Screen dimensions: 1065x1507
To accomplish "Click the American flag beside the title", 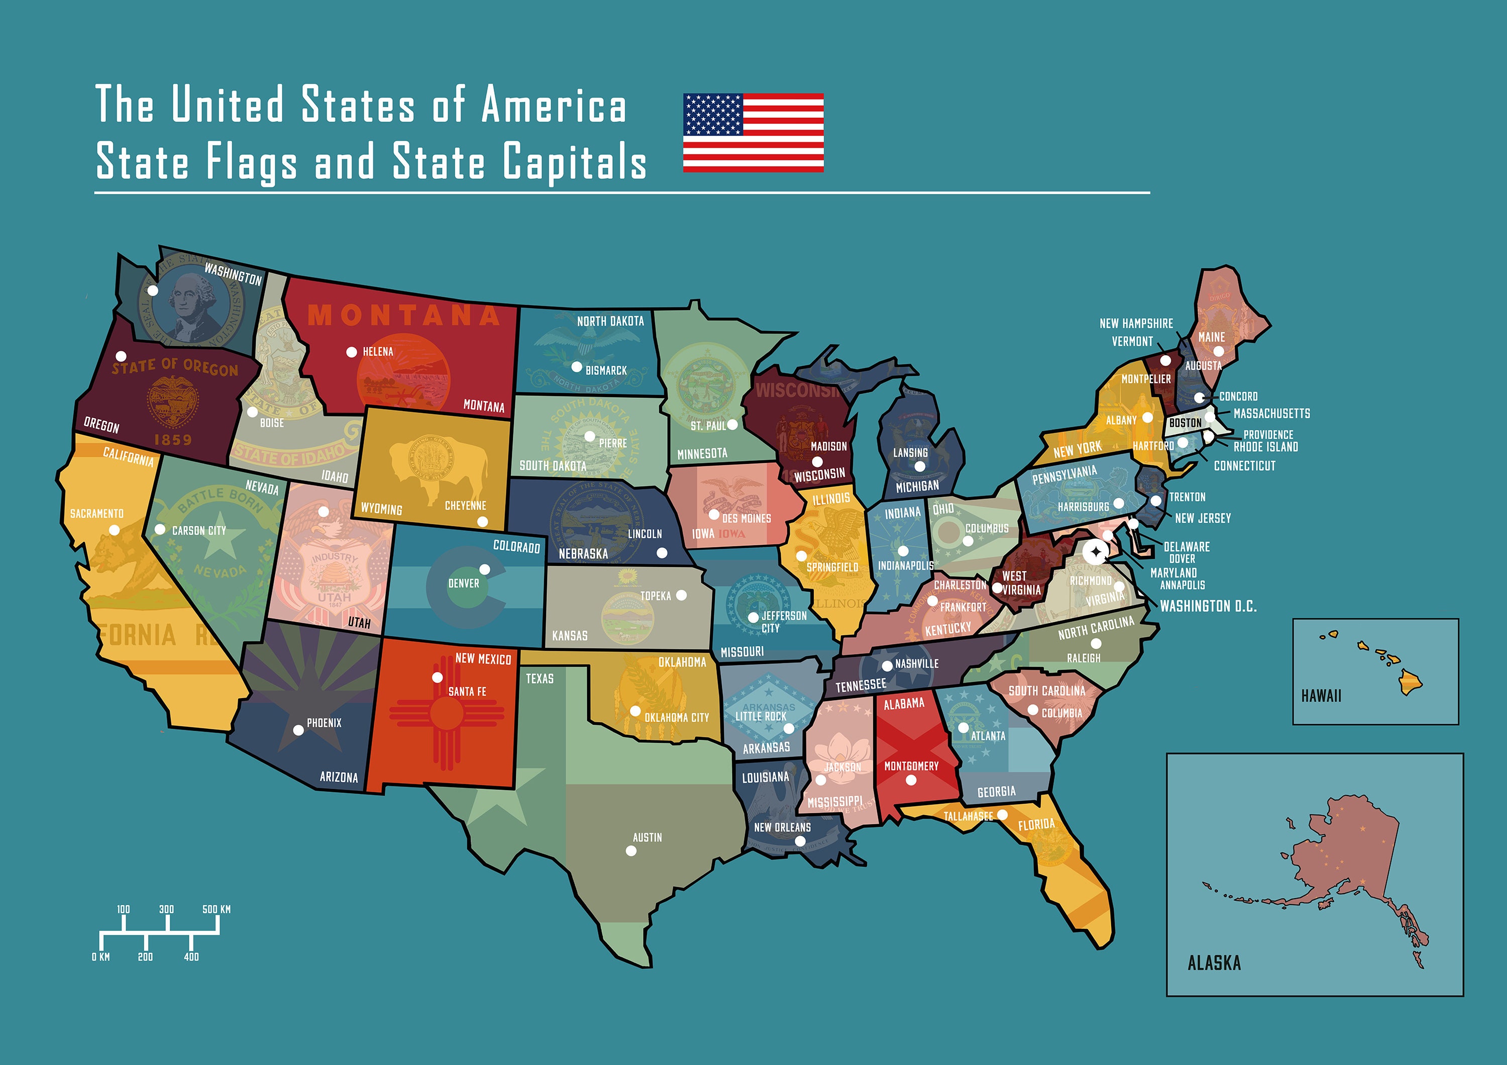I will [753, 133].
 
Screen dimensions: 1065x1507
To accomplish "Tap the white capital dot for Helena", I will [352, 352].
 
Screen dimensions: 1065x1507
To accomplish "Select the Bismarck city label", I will [606, 370].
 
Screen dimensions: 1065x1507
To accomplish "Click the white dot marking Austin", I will [631, 851].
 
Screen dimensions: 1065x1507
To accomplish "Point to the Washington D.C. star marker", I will [1094, 552].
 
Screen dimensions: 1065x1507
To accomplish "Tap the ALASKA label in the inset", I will [1214, 963].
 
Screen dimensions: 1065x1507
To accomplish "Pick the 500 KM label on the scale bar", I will [217, 909].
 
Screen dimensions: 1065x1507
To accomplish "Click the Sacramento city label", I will [96, 514].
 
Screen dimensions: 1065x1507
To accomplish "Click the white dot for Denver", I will [484, 569].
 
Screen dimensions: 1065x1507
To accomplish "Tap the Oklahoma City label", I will [677, 718].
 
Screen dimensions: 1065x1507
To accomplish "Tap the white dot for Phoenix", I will [298, 730].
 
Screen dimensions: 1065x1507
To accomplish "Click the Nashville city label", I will [916, 664].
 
